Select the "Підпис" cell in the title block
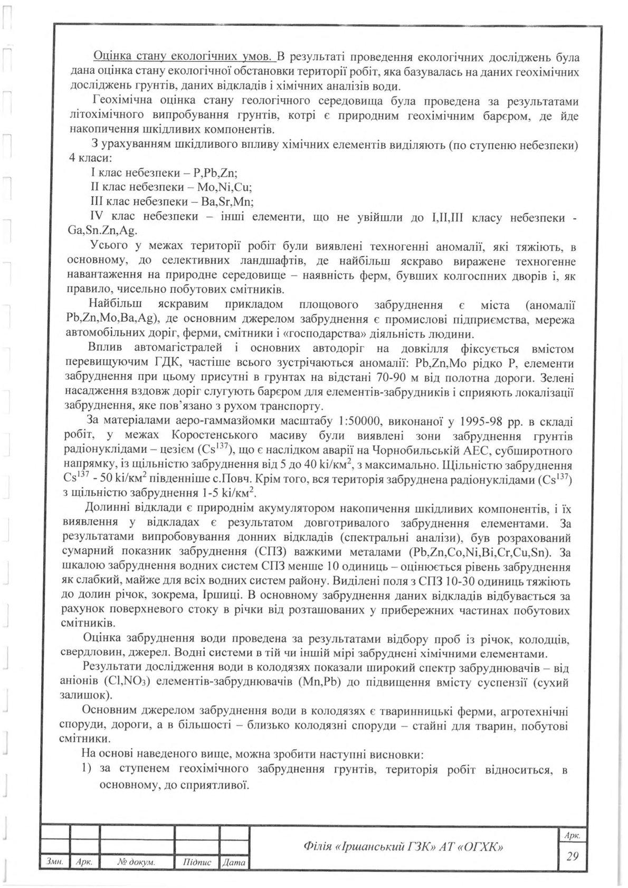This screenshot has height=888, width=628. coord(196,863)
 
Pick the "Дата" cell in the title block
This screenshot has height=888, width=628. coord(234,863)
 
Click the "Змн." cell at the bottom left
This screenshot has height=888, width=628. coord(55,863)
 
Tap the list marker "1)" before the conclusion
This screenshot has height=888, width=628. coord(88,770)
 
